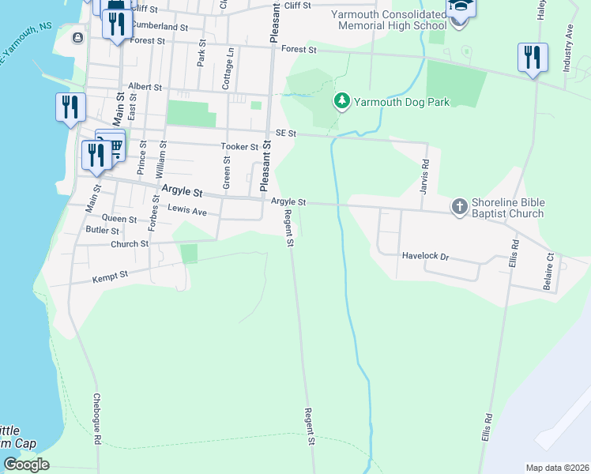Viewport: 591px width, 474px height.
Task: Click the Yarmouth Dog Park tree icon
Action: click(341, 101)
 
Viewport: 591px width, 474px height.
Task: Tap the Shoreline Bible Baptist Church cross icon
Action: click(459, 206)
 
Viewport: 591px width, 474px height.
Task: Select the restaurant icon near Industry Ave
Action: click(533, 58)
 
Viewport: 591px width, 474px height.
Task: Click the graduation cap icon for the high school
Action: click(460, 8)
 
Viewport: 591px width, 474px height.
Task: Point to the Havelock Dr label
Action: click(425, 256)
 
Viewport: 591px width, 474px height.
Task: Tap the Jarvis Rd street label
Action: click(425, 172)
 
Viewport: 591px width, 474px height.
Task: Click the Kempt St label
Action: click(110, 276)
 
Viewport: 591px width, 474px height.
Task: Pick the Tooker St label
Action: click(239, 147)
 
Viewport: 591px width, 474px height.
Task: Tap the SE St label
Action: click(285, 134)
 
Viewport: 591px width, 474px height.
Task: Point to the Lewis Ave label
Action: click(187, 211)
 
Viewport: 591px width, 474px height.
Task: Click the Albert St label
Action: click(145, 87)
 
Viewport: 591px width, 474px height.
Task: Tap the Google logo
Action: click(26, 465)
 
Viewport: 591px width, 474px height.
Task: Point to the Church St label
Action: click(130, 244)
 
